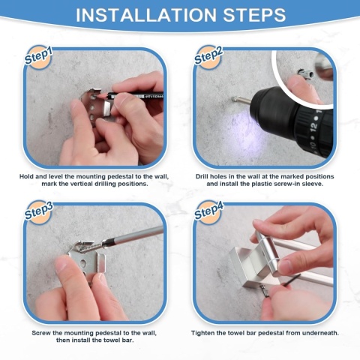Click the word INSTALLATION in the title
[x=146, y=15]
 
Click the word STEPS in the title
[x=254, y=15]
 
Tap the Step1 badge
[x=38, y=57]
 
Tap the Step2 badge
[x=208, y=57]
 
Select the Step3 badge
[x=38, y=212]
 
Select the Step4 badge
[x=208, y=212]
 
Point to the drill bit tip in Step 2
[x=233, y=99]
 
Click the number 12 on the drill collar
[x=313, y=127]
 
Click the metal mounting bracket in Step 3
[x=87, y=257]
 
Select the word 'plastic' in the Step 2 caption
[x=263, y=184]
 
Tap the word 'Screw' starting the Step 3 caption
[x=41, y=333]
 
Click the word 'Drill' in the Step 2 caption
[x=202, y=176]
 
